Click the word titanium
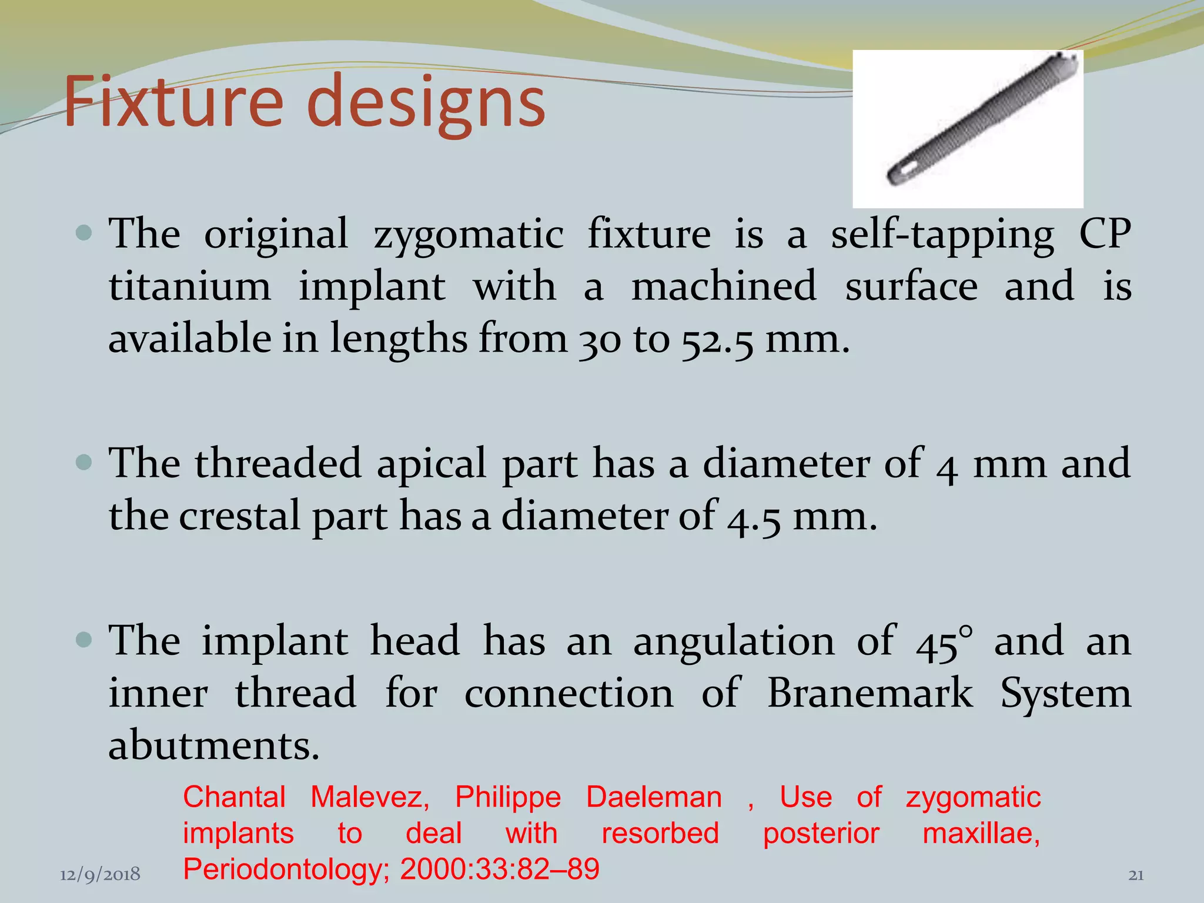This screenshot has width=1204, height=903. coord(190,287)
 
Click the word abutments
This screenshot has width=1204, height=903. coord(213,745)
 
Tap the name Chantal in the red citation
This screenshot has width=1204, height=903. coord(234,798)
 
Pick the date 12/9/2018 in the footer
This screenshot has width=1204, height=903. coord(100,875)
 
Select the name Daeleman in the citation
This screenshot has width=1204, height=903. coord(654,798)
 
